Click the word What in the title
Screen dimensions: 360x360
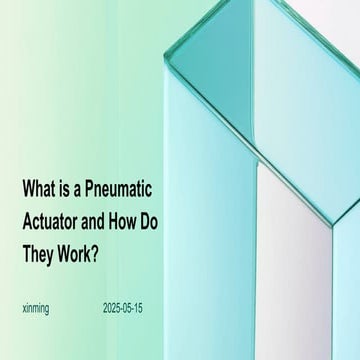point(39,189)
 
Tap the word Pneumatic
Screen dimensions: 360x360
point(126,189)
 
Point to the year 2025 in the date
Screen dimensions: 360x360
point(112,309)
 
